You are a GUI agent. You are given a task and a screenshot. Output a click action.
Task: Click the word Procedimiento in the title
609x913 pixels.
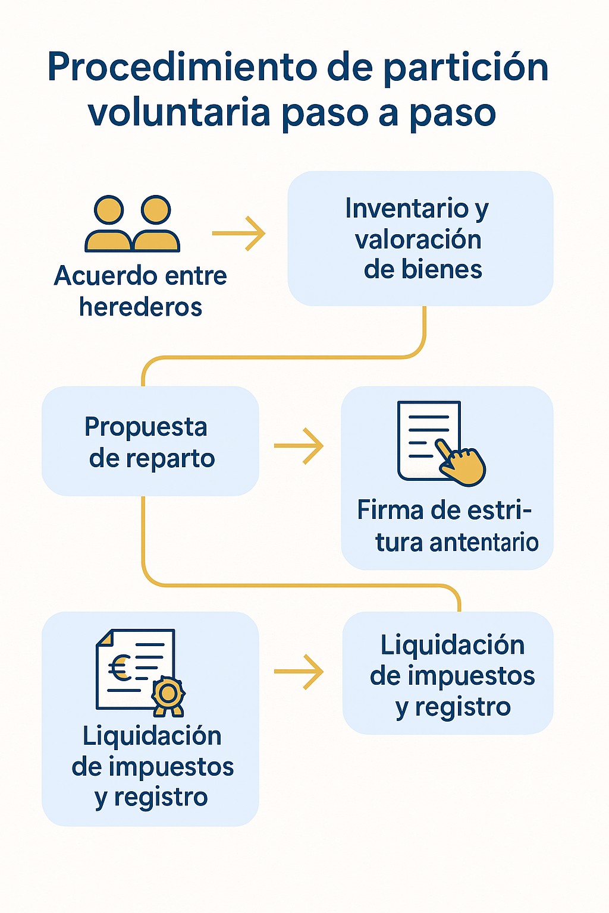(182, 67)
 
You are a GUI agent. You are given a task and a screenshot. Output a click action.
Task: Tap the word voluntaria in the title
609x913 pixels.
(180, 113)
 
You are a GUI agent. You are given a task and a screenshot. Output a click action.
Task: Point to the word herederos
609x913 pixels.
(141, 307)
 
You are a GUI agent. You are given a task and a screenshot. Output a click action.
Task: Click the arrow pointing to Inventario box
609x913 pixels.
(239, 234)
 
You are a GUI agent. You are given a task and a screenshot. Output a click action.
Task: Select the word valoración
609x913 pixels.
(418, 240)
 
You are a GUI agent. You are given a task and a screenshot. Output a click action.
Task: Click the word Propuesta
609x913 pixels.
(146, 427)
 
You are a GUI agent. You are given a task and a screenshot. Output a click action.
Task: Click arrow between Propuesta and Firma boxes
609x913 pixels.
(299, 445)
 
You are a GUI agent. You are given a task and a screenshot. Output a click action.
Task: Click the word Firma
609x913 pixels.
(390, 510)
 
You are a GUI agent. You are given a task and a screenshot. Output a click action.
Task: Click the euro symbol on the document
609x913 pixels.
(120, 669)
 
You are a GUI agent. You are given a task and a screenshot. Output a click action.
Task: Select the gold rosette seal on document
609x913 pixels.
(168, 694)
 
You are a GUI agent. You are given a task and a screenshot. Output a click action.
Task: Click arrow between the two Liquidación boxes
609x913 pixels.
(299, 672)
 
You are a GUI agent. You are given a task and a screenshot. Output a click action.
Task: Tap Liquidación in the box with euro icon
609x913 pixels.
(152, 736)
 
